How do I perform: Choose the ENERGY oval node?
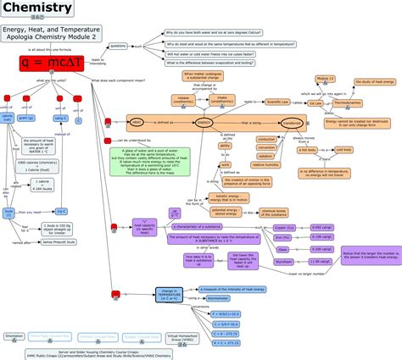tap(204, 122)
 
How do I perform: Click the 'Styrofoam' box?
tap(287, 262)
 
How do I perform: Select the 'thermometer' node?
tap(218, 298)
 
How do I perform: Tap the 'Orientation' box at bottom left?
tap(14, 335)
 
